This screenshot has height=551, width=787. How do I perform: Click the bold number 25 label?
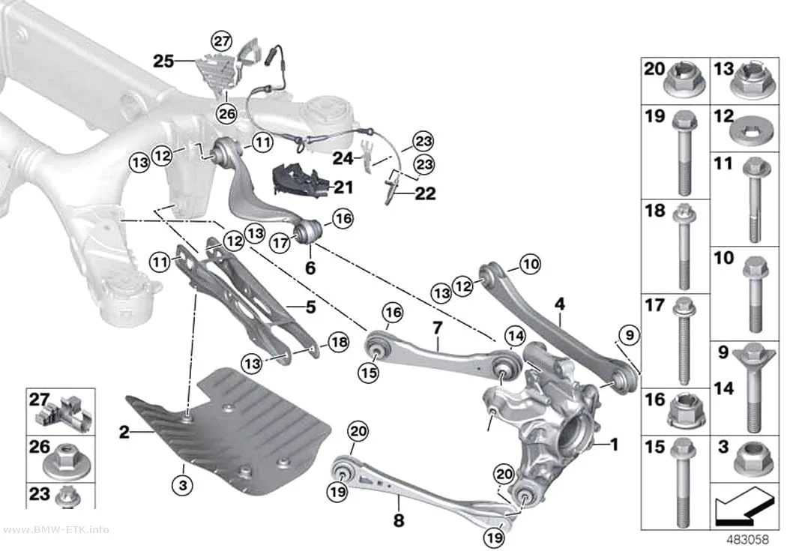point(163,61)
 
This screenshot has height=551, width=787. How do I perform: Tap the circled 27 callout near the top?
point(221,40)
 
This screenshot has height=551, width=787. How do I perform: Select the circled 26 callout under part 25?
point(226,114)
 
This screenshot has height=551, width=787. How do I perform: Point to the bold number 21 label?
point(343,187)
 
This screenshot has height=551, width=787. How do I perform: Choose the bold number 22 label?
point(425,193)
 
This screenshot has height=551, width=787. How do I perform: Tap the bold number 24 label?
point(343,159)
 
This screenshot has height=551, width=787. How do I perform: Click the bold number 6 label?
point(311,268)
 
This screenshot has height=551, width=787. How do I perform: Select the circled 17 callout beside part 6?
point(280,244)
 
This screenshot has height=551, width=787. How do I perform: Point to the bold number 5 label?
point(311,307)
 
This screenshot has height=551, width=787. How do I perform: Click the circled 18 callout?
point(338,343)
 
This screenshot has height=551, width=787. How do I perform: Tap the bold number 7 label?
point(438,328)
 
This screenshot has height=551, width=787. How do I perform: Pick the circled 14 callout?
point(514,336)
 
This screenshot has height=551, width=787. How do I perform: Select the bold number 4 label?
point(560,304)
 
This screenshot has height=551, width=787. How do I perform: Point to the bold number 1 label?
point(613,444)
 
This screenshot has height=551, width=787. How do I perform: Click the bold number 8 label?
point(399,520)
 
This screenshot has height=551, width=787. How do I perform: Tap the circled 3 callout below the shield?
point(183,485)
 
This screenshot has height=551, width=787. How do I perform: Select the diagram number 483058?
point(748,540)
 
